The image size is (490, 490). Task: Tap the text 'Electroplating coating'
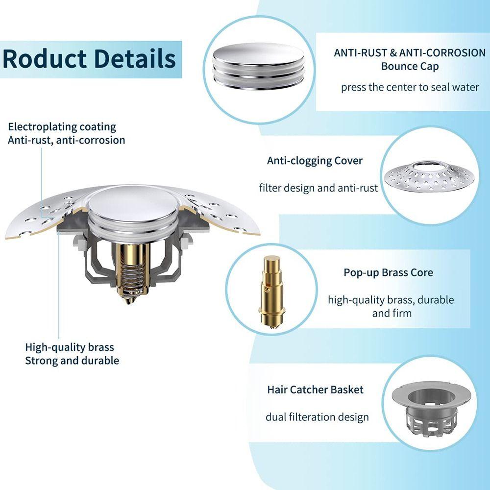(62, 127)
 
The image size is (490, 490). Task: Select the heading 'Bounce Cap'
(410, 66)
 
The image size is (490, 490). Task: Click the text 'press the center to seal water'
(410, 88)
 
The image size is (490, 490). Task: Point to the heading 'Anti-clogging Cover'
(315, 161)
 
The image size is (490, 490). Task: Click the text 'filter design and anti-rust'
(318, 188)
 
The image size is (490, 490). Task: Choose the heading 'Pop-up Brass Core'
(388, 272)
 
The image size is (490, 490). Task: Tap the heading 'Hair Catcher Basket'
(315, 390)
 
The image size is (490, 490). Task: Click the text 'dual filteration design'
(317, 417)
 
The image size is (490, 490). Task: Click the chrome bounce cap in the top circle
(258, 64)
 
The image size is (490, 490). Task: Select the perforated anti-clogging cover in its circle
(429, 179)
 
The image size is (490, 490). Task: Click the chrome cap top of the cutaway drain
(131, 201)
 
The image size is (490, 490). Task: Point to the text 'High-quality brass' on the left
(70, 347)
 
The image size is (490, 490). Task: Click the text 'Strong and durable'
(72, 361)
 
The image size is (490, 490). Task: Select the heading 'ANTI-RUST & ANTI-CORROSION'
(410, 53)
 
